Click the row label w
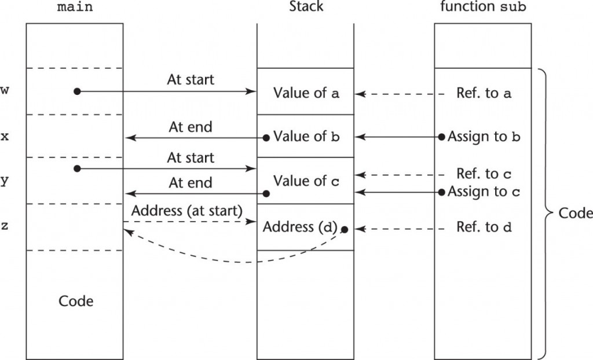tap(5, 91)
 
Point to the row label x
tap(5, 137)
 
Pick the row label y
tap(5, 181)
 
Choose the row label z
tap(5, 226)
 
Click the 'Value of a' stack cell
tap(306, 93)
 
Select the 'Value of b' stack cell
tap(306, 137)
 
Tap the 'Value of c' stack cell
tap(306, 181)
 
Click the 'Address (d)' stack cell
tap(299, 227)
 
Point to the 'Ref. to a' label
tap(484, 93)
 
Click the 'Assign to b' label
tap(485, 137)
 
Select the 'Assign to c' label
tap(484, 191)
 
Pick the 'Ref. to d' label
tap(484, 227)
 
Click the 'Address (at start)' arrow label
tap(186, 210)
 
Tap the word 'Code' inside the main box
tap(76, 301)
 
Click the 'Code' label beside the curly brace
tap(575, 213)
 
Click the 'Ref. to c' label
tap(484, 174)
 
